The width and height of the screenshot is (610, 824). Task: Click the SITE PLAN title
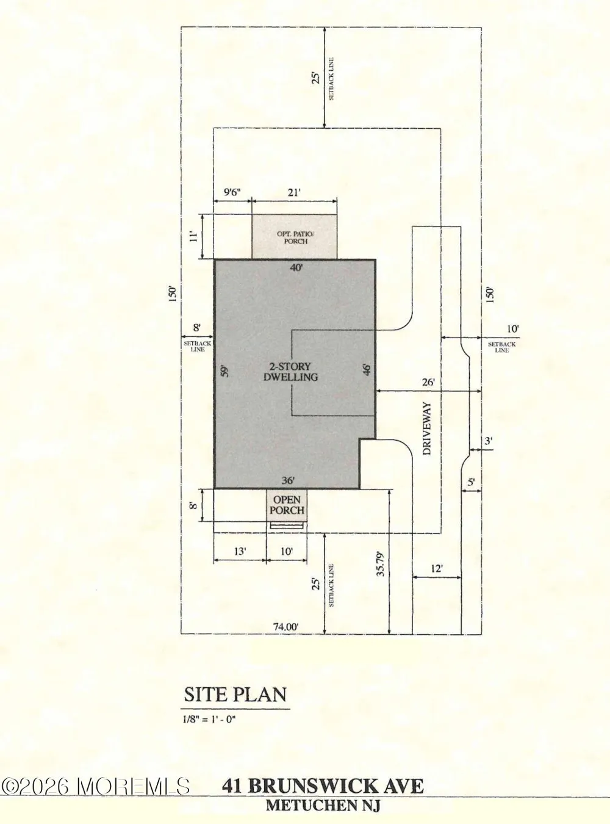pos(235,695)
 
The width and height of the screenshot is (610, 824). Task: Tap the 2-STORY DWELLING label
pos(291,372)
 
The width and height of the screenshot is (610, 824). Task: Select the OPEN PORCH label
pos(287,505)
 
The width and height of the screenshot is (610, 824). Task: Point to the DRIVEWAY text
pos(428,428)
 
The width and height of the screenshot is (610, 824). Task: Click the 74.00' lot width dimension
pos(286,627)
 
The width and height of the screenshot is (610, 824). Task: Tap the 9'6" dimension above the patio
pos(232,192)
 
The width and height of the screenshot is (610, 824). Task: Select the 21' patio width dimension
pos(294,192)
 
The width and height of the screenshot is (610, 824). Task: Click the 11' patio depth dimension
pos(193,236)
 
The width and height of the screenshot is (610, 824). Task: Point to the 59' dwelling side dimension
pos(224,371)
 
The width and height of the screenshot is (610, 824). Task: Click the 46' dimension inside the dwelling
pos(367,370)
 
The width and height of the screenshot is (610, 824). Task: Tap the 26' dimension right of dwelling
pos(428,382)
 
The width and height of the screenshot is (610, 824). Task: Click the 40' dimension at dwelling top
pos(296,267)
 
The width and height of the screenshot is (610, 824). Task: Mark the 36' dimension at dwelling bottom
pos(288,481)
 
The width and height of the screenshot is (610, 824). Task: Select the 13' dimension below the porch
pos(240,551)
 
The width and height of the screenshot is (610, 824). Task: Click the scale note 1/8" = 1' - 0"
pos(209,719)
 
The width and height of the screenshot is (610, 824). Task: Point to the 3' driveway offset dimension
pos(489,441)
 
